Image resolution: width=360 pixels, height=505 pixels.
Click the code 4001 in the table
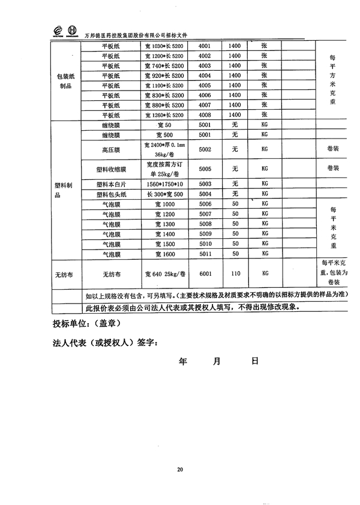204,46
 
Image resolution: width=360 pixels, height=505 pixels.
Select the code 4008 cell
204,115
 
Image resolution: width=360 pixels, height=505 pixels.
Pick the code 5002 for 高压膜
205,149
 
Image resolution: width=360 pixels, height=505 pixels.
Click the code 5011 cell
205,254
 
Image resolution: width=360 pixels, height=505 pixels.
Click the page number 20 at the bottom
180,469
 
